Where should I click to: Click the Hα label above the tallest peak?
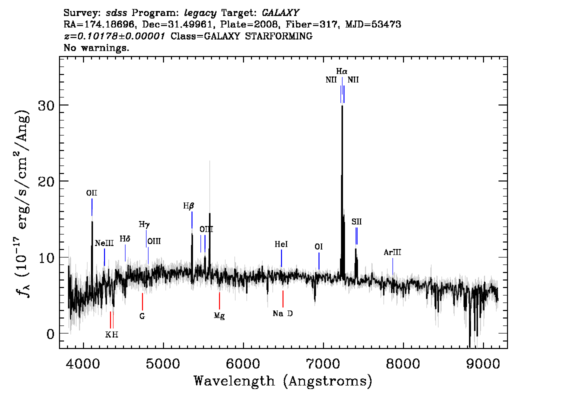341,71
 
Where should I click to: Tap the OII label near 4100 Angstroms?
91,193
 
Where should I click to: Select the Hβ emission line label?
188,206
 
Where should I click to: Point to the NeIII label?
104,243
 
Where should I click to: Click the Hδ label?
125,239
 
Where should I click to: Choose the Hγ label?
144,224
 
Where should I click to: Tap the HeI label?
281,244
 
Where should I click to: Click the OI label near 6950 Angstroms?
318,246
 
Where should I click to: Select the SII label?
356,221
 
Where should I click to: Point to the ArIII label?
392,252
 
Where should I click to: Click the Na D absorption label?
283,313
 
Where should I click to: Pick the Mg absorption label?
219,316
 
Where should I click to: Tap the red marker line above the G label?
142,301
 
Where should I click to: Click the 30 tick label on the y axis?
46,105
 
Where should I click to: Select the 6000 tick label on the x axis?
243,363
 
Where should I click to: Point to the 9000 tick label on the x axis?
482,363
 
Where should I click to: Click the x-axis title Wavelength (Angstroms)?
283,381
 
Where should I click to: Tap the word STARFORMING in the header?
279,36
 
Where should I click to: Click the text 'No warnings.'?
96,47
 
